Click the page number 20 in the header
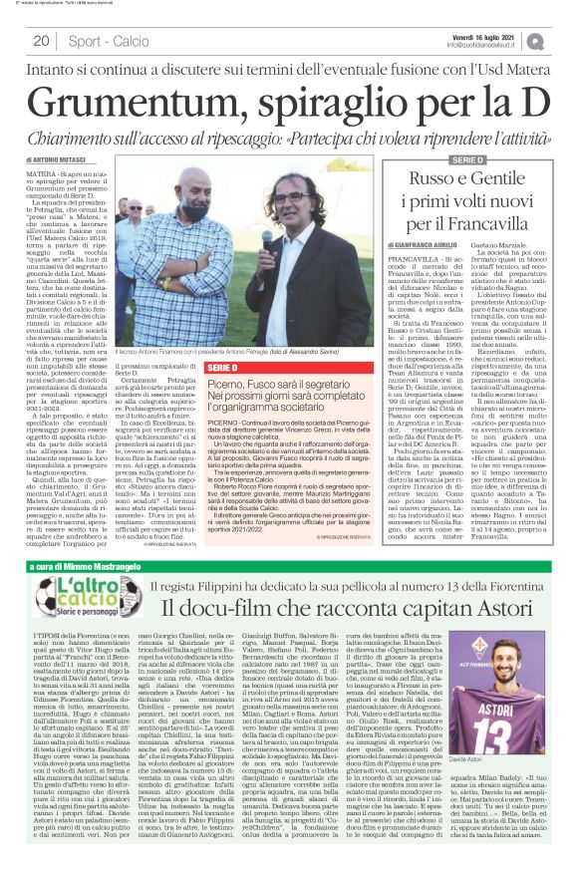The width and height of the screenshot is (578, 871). (41, 41)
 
